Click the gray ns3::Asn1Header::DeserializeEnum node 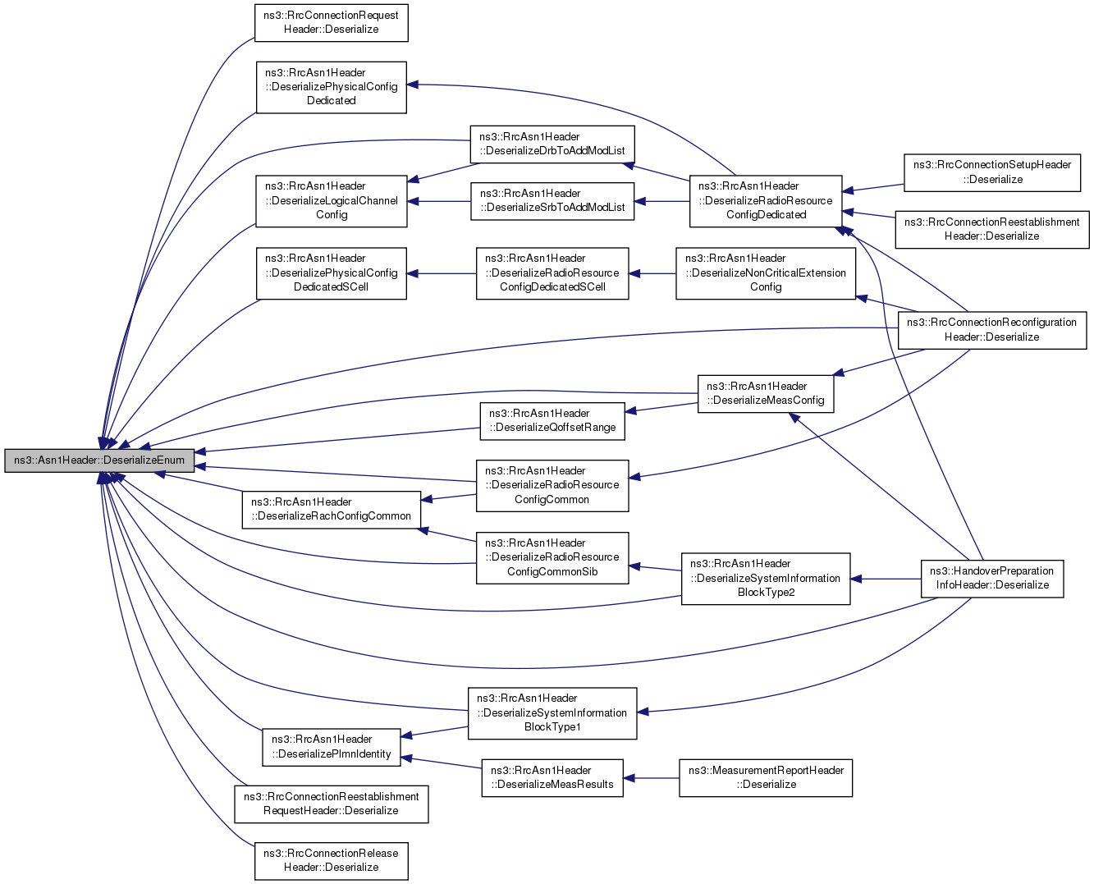(x=99, y=460)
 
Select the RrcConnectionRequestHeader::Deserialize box (x=332, y=23)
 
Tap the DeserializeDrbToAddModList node (x=552, y=144)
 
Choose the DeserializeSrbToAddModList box (x=552, y=201)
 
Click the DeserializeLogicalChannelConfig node (x=332, y=201)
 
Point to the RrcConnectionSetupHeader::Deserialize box (x=991, y=172)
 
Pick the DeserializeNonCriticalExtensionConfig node (x=765, y=273)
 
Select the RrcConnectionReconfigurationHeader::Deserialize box (x=991, y=330)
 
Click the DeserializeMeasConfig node (x=765, y=393)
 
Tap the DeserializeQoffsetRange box (x=552, y=421)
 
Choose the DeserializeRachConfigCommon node (x=332, y=510)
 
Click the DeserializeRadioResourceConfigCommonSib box (x=552, y=558)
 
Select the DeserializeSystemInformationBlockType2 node (x=765, y=579)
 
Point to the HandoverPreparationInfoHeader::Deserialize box (x=991, y=579)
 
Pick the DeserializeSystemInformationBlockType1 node (x=552, y=713)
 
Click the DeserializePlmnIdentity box (x=332, y=748)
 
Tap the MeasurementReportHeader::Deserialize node (x=765, y=778)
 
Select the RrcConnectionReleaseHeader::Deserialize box (x=332, y=861)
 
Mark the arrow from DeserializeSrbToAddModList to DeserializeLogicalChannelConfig (x=439, y=201)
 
